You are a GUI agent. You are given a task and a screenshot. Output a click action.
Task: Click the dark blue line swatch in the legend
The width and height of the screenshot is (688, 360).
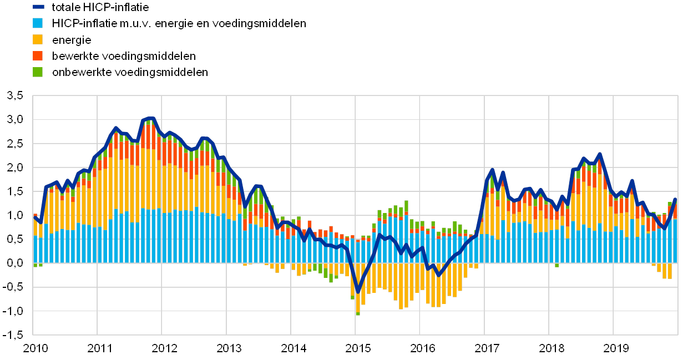pyautogui.click(x=38, y=7)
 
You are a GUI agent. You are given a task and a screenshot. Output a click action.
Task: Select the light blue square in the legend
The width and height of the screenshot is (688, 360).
pyautogui.click(x=38, y=23)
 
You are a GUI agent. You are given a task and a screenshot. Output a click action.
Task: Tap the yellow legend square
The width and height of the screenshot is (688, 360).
pyautogui.click(x=38, y=39)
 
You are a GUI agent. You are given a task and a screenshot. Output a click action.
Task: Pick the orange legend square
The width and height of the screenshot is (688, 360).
pyautogui.click(x=38, y=55)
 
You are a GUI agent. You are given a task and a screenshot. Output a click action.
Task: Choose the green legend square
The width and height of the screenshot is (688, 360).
pyautogui.click(x=38, y=72)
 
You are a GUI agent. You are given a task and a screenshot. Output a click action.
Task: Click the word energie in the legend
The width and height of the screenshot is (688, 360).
pyautogui.click(x=72, y=39)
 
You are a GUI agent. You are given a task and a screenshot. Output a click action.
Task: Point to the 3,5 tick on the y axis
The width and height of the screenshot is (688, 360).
pyautogui.click(x=15, y=95)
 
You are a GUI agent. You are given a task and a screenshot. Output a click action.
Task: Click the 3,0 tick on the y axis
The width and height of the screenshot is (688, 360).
pyautogui.click(x=15, y=119)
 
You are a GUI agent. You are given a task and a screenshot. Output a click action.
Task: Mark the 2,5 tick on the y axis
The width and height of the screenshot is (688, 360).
pyautogui.click(x=15, y=143)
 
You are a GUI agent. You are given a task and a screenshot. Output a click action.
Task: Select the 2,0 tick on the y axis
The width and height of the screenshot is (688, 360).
pyautogui.click(x=15, y=167)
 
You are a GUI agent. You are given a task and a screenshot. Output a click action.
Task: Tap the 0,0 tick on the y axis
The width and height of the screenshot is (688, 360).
pyautogui.click(x=15, y=263)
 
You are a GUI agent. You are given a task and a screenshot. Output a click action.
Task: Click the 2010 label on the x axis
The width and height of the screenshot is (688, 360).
pyautogui.click(x=36, y=348)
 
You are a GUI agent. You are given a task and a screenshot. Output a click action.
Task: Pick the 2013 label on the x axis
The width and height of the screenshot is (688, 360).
pyautogui.click(x=229, y=348)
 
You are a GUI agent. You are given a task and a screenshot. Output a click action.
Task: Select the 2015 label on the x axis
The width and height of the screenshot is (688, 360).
pyautogui.click(x=357, y=348)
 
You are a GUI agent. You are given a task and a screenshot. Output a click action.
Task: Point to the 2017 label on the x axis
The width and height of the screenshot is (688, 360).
pyautogui.click(x=486, y=348)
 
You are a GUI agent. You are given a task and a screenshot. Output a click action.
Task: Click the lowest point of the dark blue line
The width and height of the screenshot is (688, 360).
pyautogui.click(x=357, y=291)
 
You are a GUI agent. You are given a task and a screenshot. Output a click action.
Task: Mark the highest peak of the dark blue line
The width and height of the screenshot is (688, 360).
pyautogui.click(x=153, y=118)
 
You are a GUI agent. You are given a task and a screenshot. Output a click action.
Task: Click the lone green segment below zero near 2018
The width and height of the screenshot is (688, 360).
pyautogui.click(x=557, y=265)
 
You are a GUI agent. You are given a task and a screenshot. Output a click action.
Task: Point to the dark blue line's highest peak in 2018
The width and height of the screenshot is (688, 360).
pyautogui.click(x=599, y=154)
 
